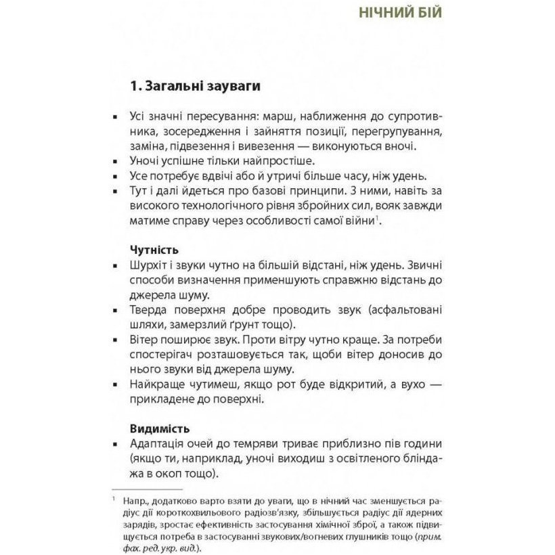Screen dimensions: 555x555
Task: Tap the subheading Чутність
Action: pos(154,250)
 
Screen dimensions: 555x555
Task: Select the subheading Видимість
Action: pos(158,428)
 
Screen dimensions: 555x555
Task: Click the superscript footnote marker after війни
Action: pos(377,217)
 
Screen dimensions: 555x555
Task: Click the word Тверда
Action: pos(149,310)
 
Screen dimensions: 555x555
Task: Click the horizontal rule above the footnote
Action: pos(148,489)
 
